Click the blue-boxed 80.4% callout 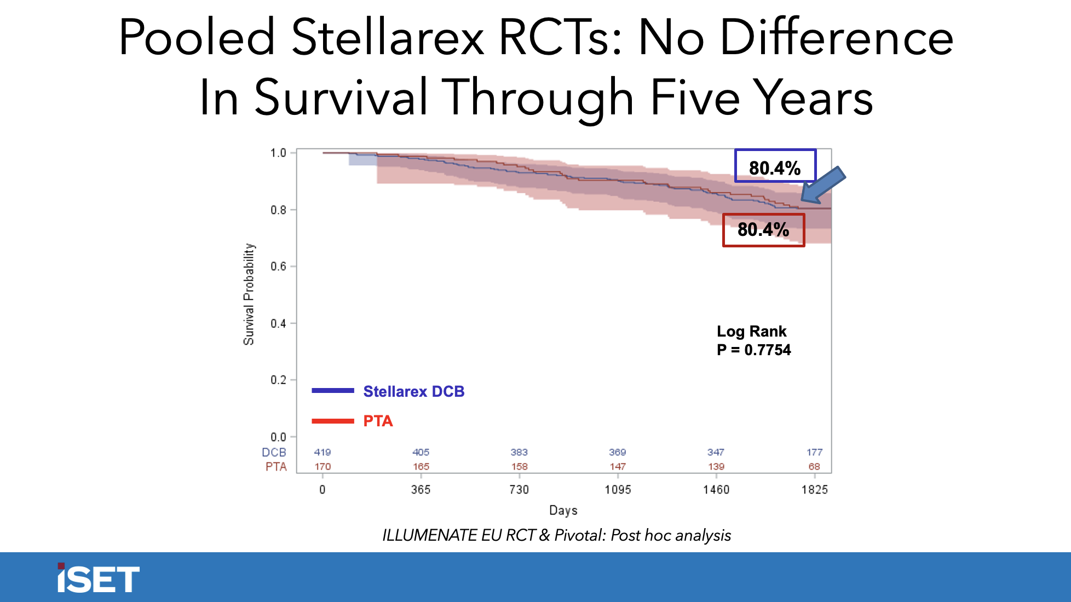point(775,166)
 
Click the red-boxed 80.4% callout point(763,230)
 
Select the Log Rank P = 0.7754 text point(753,340)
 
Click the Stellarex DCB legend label point(413,391)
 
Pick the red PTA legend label point(378,421)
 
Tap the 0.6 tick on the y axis point(278,267)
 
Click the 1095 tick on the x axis point(618,489)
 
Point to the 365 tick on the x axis point(421,489)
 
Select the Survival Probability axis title point(249,294)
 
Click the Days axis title point(563,510)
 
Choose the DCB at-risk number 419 point(322,452)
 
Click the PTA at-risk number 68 point(814,466)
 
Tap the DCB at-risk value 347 point(716,452)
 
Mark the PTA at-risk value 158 point(519,466)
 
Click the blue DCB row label point(274,452)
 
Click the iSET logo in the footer point(99,578)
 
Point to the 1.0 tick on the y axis point(278,153)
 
